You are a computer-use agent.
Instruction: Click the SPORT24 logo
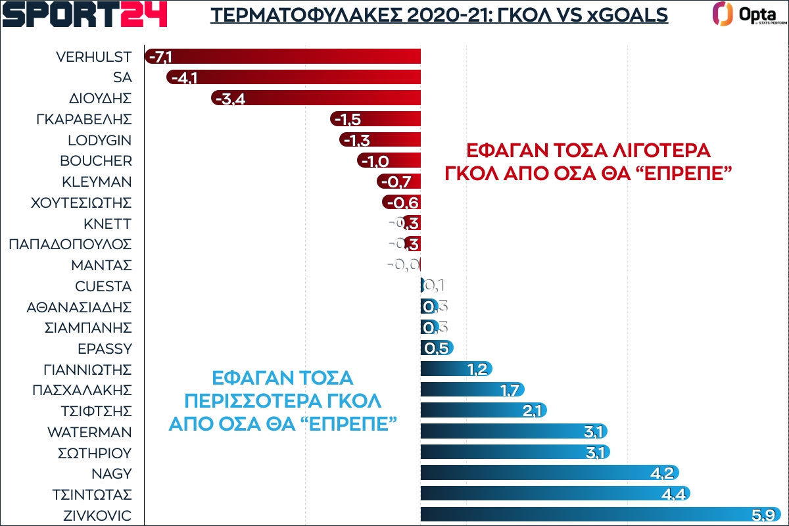[x=85, y=14]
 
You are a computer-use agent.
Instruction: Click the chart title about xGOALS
[x=439, y=14]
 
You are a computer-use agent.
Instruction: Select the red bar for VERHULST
[x=283, y=57]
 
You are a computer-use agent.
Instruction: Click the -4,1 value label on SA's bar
[x=183, y=78]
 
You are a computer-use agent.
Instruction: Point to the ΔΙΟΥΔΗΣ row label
[x=101, y=99]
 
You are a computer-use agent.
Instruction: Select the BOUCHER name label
[x=96, y=161]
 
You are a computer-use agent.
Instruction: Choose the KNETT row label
[x=108, y=224]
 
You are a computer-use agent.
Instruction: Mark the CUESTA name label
[x=103, y=287]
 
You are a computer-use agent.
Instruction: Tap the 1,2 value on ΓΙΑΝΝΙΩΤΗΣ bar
[x=477, y=370]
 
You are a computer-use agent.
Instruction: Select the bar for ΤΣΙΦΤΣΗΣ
[x=483, y=411]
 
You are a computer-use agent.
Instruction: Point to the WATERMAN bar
[x=513, y=432]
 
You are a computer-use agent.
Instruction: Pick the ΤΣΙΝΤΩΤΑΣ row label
[x=93, y=494]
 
